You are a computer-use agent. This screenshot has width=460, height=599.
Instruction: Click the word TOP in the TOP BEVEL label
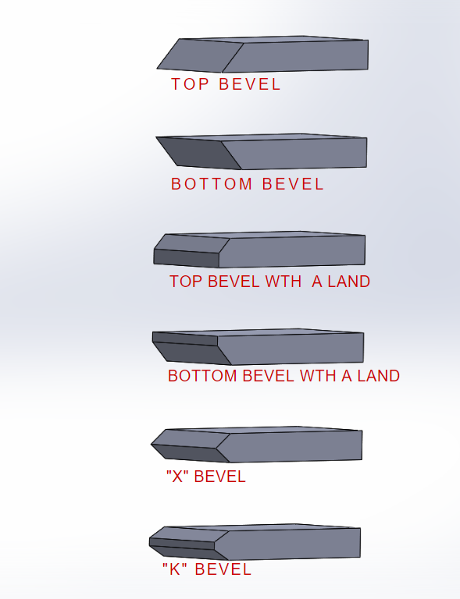[190, 84]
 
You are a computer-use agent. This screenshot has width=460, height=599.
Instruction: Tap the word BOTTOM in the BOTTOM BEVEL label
[212, 184]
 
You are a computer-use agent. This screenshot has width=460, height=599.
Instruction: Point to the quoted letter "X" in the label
[178, 477]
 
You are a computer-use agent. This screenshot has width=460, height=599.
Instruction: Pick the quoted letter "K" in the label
[174, 569]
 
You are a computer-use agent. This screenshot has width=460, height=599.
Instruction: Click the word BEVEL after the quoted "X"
[220, 477]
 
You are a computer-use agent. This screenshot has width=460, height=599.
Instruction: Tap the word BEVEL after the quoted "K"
[223, 569]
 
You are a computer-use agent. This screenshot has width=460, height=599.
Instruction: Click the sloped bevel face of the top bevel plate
[200, 56]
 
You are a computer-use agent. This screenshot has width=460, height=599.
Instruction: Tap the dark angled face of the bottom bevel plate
[199, 153]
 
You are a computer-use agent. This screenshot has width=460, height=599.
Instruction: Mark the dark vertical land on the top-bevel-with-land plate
[186, 259]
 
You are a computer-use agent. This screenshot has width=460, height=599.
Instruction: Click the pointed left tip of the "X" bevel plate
[152, 445]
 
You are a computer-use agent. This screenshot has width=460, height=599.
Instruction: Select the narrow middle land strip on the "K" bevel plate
[182, 544]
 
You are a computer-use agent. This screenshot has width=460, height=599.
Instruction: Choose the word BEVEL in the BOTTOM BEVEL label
[293, 184]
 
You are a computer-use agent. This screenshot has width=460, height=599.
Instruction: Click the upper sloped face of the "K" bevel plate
[190, 534]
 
